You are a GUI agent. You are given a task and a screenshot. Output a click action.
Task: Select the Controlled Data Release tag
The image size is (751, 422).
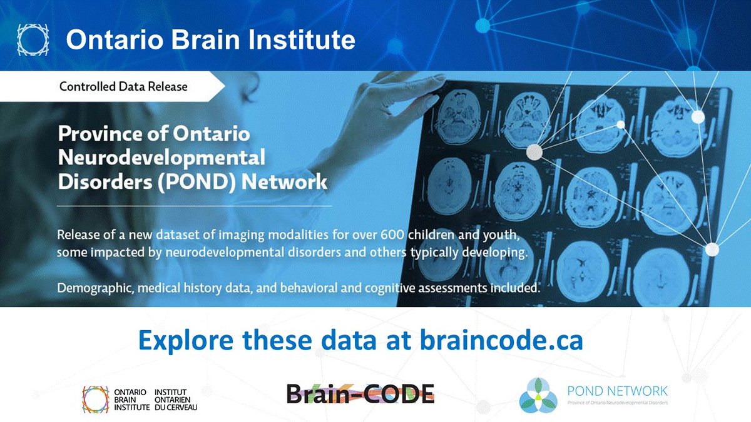pos(123,86)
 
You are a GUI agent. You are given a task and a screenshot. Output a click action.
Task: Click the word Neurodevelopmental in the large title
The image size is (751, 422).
pos(161,158)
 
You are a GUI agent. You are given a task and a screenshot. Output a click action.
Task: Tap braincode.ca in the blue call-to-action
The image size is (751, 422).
pos(501,341)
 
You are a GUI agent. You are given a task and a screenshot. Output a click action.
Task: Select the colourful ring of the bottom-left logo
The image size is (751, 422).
pos(96,399)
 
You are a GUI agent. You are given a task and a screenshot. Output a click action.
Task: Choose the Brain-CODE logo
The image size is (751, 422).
pos(360,393)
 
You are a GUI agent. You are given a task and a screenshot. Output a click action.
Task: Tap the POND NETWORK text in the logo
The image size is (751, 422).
pos(617,391)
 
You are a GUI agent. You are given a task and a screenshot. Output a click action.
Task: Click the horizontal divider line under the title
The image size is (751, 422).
pos(194,205)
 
